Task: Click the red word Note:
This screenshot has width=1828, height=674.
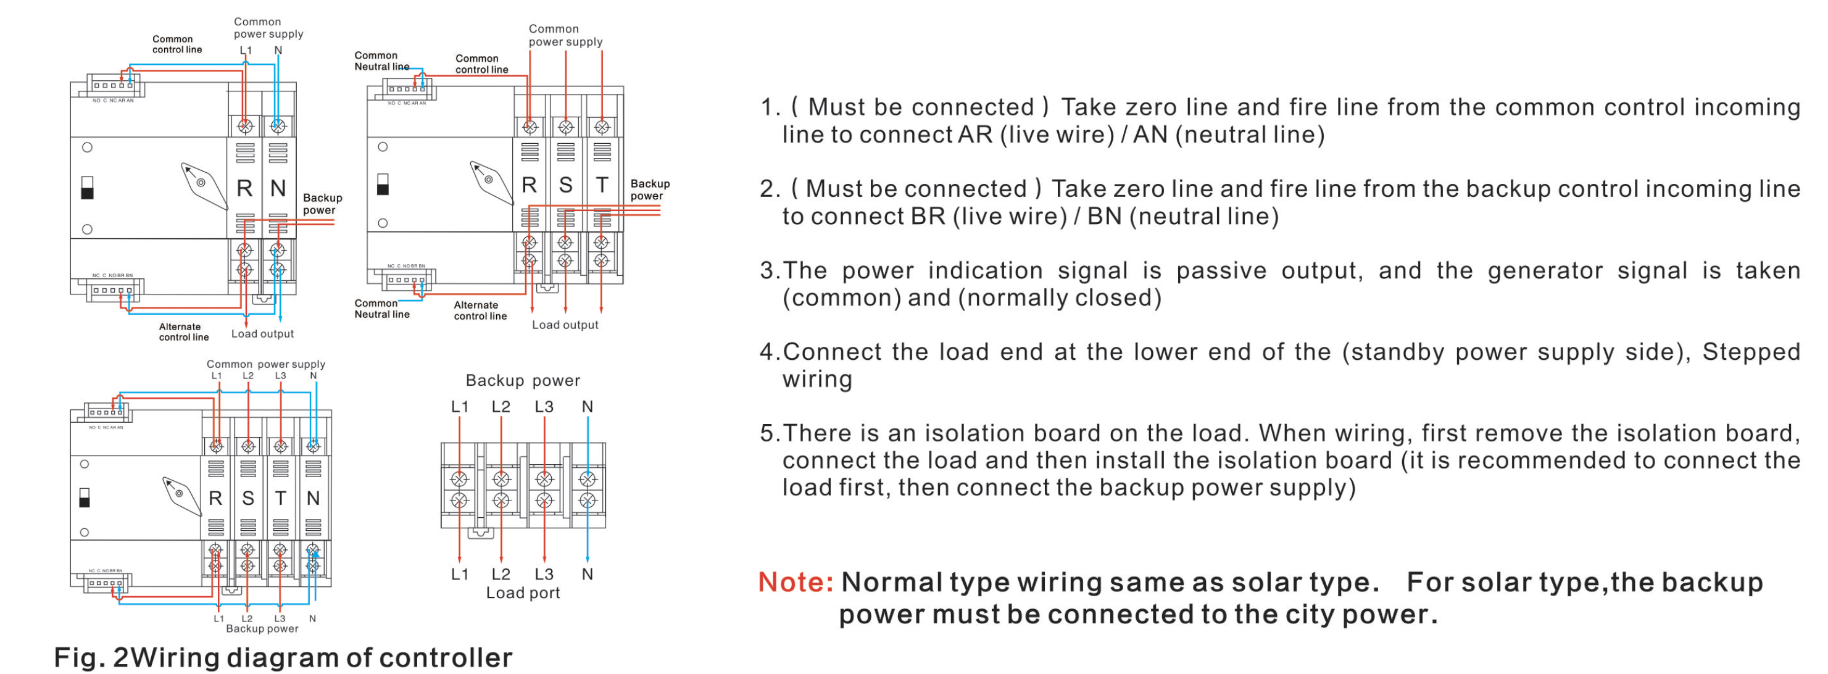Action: pos(796,583)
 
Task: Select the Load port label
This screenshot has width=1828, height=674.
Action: pos(522,593)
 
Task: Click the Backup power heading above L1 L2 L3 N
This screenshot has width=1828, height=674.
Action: pos(522,381)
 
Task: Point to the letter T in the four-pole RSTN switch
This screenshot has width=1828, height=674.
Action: pos(280,499)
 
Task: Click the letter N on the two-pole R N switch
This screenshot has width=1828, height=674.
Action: pos(278,188)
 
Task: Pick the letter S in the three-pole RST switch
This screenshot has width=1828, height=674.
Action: pos(565,185)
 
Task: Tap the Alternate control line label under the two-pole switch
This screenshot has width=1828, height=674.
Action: pos(183,332)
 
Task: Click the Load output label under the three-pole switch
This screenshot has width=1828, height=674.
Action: pos(565,325)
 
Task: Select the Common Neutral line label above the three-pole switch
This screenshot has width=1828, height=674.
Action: pos(382,61)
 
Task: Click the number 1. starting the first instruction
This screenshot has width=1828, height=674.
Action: pos(770,108)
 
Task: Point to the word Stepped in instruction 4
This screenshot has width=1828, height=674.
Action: pos(1751,352)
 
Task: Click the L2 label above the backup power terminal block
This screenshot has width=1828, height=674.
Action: pos(501,407)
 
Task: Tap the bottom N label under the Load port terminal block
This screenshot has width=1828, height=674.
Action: pos(587,574)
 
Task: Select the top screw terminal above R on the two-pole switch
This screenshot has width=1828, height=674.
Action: pos(245,127)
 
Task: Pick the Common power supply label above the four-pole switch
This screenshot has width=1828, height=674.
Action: pos(265,364)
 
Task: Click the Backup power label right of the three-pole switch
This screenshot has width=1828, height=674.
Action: pos(649,189)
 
